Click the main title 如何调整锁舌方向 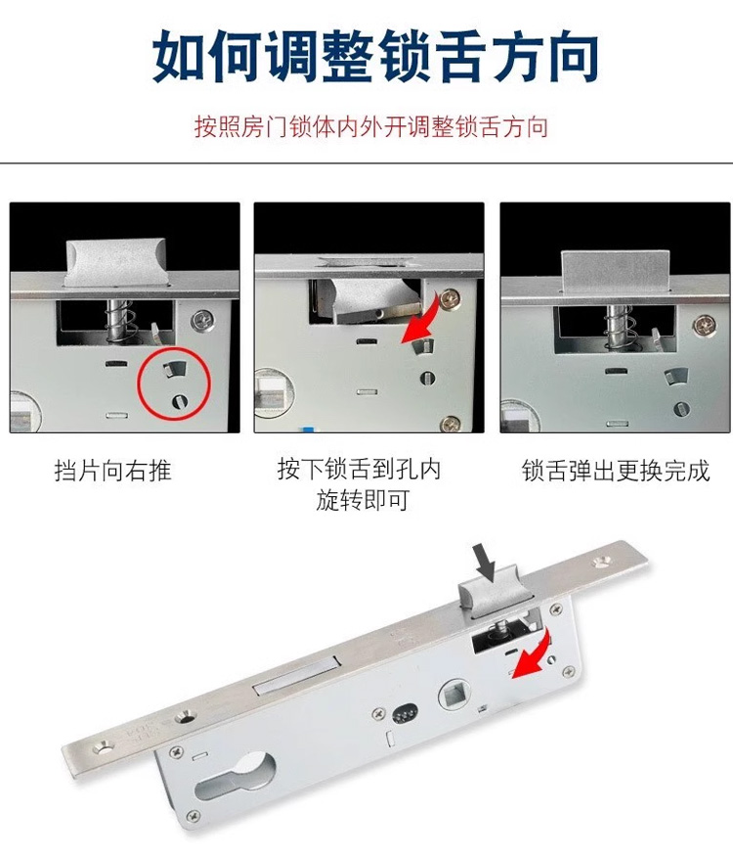point(375,57)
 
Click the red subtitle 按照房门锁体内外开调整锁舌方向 point(371,126)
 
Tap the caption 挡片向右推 point(113,471)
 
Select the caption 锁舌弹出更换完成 point(616,471)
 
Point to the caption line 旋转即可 point(363,500)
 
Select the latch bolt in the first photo point(117,264)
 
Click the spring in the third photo point(620,326)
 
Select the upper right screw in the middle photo point(451,298)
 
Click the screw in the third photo point(705,326)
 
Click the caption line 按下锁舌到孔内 point(359,469)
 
